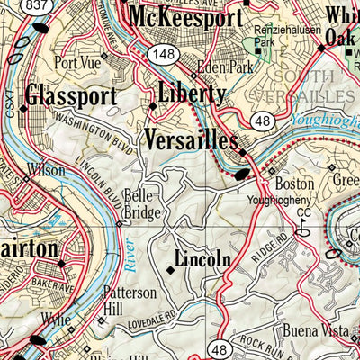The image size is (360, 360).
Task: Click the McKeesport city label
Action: (x=185, y=17)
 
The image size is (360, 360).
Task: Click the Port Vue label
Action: (x=74, y=63)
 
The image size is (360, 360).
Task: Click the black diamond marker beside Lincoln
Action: (x=170, y=266)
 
